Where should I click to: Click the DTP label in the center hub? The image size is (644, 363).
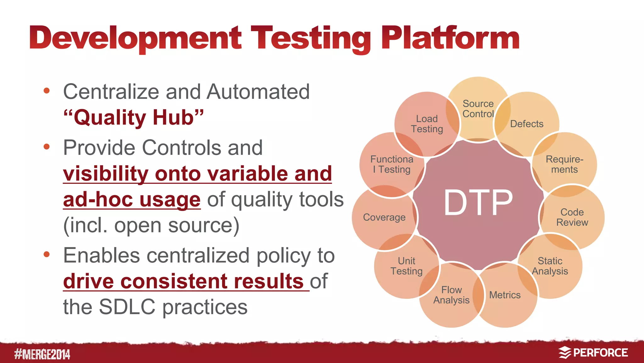[x=478, y=203]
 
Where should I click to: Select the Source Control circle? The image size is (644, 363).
[x=478, y=109]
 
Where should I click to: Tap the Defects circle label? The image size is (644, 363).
[x=527, y=124]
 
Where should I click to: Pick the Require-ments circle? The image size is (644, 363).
[x=564, y=164]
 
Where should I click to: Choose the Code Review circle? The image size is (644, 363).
[x=572, y=217]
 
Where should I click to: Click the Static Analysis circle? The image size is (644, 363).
[x=550, y=266]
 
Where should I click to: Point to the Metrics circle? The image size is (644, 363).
[x=505, y=295]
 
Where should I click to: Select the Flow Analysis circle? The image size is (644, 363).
[x=451, y=295]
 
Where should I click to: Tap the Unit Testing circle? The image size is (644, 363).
[x=406, y=266]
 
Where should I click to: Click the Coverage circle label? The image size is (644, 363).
[x=384, y=218]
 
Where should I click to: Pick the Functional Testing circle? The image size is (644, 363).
[x=391, y=164]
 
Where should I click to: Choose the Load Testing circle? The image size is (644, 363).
[x=427, y=124]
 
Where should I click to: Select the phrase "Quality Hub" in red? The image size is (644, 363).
[x=134, y=117]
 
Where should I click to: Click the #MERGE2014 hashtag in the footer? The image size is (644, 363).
[x=42, y=354]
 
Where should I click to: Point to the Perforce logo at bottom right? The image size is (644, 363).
[x=593, y=353]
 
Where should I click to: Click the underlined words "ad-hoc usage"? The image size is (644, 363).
[x=131, y=200]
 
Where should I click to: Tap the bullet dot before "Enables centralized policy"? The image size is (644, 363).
[x=47, y=254]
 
